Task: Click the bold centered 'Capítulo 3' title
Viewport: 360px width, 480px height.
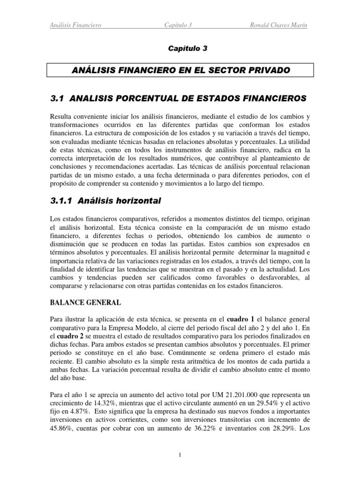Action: point(180,48)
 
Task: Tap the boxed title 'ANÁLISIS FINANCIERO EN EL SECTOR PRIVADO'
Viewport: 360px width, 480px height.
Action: point(180,70)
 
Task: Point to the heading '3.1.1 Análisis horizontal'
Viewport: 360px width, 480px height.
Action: point(105,201)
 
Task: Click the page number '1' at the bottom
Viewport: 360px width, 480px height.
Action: point(180,455)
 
